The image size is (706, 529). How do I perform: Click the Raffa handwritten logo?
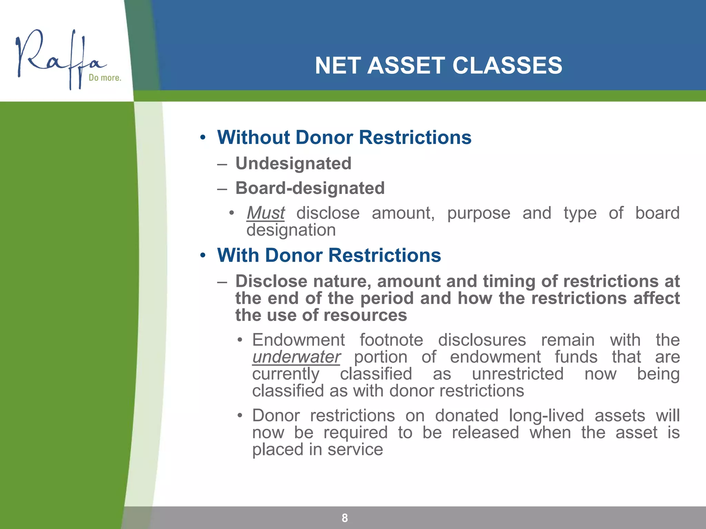point(59,59)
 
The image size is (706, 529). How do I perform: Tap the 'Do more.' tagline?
point(105,78)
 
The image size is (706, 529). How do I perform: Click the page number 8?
point(345,518)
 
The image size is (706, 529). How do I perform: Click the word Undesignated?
point(293,163)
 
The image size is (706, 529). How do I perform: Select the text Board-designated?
point(310,188)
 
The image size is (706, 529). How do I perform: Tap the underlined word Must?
point(265,213)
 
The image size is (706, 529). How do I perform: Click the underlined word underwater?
point(296,357)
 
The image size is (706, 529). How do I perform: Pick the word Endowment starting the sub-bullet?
point(298,340)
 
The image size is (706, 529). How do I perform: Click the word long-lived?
point(546,415)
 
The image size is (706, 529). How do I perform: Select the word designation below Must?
point(291,230)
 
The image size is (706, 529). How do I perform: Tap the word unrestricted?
point(517,374)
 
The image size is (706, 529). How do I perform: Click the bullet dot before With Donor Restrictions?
point(203,256)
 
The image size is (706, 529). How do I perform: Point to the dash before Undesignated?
point(222,164)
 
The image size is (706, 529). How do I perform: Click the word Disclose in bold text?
point(271,281)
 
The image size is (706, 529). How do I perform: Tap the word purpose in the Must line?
point(478,213)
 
